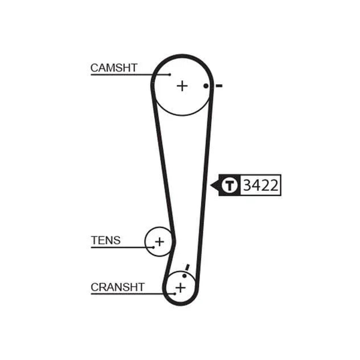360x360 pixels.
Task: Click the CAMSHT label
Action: coord(114,68)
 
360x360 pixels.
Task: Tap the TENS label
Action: coord(106,241)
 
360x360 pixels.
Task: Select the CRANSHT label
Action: coord(118,287)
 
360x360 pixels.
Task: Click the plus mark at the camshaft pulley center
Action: coord(182,86)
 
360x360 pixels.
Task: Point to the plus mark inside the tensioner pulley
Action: coord(160,242)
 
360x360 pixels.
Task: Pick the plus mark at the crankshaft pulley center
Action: coord(181,287)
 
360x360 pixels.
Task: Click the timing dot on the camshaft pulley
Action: coord(206,86)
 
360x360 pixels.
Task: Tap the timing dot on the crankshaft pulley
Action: coord(185,275)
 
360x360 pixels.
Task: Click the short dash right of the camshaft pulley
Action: coord(219,86)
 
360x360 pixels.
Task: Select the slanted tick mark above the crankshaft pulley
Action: coord(187,268)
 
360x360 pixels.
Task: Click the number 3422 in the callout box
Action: coord(260,185)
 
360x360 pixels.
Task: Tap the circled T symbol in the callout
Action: coord(229,185)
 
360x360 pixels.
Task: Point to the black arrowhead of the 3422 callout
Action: coord(215,185)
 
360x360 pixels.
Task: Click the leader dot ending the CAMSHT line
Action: coord(170,74)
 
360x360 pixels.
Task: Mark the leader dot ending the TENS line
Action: coord(154,247)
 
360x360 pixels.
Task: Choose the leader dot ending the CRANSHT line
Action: coord(175,293)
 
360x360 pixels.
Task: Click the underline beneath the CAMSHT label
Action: coord(130,74)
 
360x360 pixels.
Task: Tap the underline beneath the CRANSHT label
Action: coord(133,293)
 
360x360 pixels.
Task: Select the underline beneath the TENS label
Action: coord(122,247)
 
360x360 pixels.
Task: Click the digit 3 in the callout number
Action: coord(247,185)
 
